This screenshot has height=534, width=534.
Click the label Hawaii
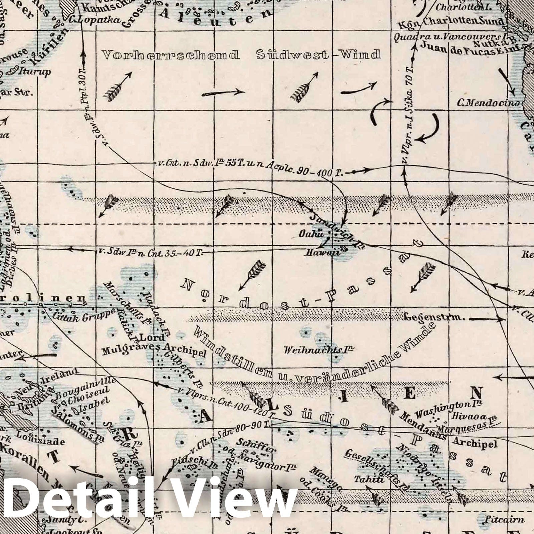(323, 253)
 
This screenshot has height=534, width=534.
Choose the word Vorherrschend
(171, 55)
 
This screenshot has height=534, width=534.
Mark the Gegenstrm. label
(434, 317)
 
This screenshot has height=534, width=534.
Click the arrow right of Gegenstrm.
(488, 319)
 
